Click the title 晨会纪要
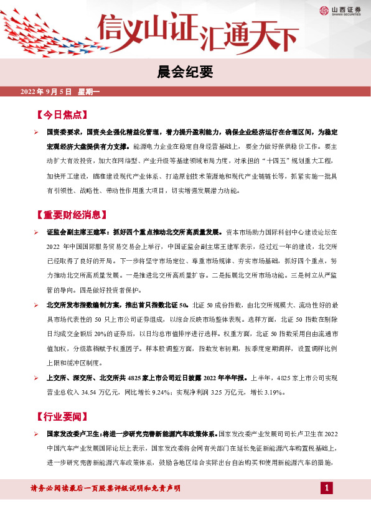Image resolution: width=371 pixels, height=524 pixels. coord(185,72)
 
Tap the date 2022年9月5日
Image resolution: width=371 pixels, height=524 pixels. coord(46,92)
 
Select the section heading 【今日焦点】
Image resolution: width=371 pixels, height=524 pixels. coord(62,116)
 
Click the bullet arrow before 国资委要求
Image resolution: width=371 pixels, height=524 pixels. coord(37,133)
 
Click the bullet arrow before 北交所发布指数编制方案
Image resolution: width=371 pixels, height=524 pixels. coord(37,306)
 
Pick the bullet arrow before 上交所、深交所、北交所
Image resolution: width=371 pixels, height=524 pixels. coord(37,378)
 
